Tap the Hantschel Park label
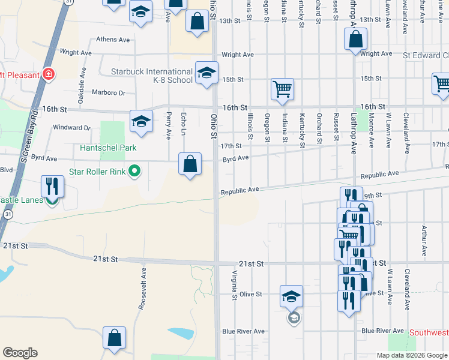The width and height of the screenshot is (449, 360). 109,148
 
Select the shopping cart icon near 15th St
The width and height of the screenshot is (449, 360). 282,89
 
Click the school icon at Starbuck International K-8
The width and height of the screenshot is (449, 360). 206,73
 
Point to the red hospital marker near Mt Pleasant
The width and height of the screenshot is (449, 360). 48,75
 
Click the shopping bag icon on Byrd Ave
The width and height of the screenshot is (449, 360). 190,163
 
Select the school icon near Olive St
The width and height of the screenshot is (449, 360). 291,296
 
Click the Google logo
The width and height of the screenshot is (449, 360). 20,353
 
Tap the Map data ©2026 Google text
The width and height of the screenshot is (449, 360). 411,355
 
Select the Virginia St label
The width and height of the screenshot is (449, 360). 233,284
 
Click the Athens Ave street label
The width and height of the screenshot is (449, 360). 113,40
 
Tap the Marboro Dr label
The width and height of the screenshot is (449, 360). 108,92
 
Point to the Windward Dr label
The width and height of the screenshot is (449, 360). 71,127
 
